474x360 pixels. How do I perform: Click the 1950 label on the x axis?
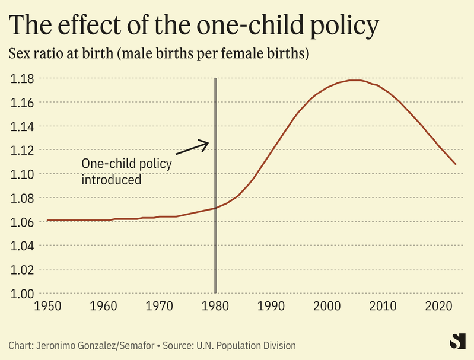pyautogui.click(x=47, y=307)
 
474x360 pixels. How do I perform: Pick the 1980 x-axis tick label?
pyautogui.click(x=215, y=307)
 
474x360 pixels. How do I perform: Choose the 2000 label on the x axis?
pyautogui.click(x=327, y=307)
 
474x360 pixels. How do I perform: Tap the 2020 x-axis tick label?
pyautogui.click(x=439, y=307)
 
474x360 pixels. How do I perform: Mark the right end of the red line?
pyautogui.click(x=456, y=164)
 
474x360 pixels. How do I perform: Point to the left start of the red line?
pyautogui.click(x=47, y=220)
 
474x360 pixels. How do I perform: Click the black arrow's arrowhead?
pyautogui.click(x=207, y=143)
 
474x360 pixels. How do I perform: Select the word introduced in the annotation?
pyautogui.click(x=111, y=179)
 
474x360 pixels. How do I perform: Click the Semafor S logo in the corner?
pyautogui.click(x=456, y=341)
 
